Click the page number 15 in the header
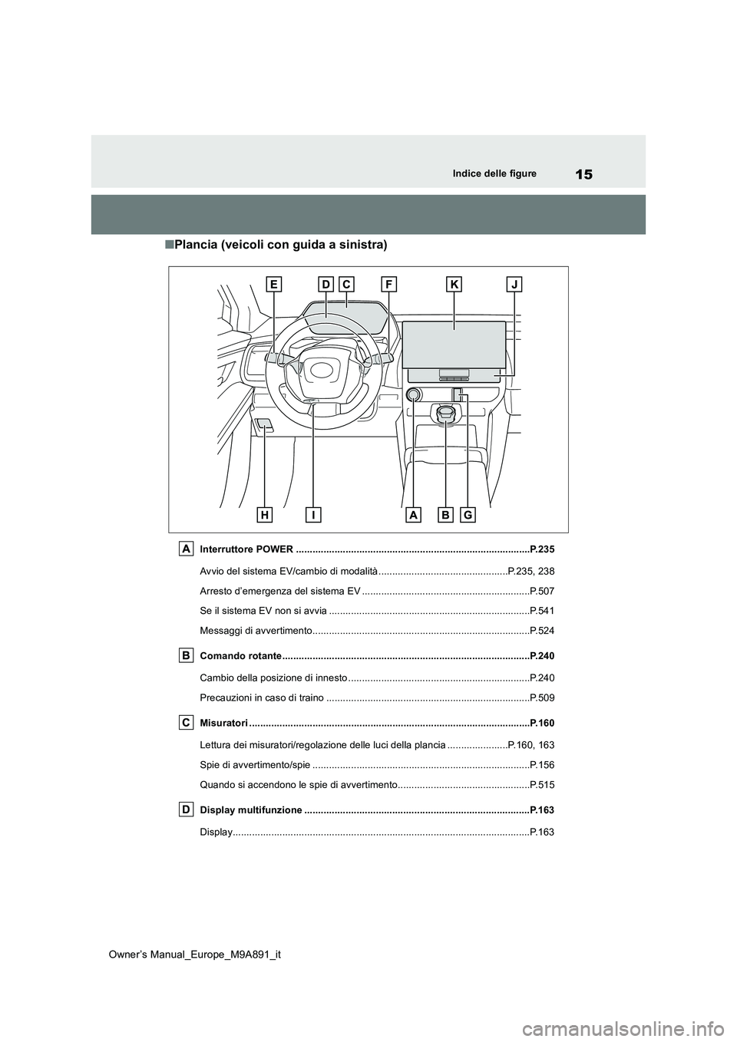point(584,175)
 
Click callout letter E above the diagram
point(274,285)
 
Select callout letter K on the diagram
point(454,285)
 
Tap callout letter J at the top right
point(514,285)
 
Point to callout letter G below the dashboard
point(468,515)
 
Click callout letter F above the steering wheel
point(389,285)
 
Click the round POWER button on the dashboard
point(413,395)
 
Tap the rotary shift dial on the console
point(447,414)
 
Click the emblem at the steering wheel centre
point(321,370)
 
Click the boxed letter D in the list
point(187,810)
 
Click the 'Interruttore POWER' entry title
point(246,549)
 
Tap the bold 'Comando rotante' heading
point(240,656)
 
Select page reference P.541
point(542,611)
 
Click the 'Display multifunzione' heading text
point(250,810)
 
